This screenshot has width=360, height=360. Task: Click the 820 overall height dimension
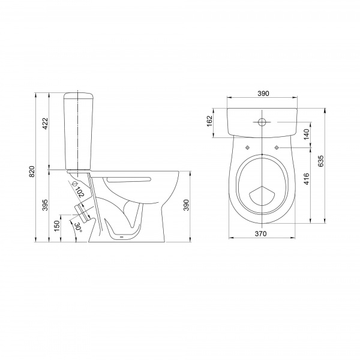tap(32, 171)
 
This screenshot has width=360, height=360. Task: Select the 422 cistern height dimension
tap(45, 123)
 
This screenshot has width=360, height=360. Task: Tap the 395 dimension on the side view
tap(45, 205)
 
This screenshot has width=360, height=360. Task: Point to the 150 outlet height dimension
tap(57, 226)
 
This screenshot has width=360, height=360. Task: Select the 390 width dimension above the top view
tap(263, 94)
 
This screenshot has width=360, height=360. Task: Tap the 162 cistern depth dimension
tap(210, 121)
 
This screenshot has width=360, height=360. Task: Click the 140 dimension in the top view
tap(307, 134)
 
